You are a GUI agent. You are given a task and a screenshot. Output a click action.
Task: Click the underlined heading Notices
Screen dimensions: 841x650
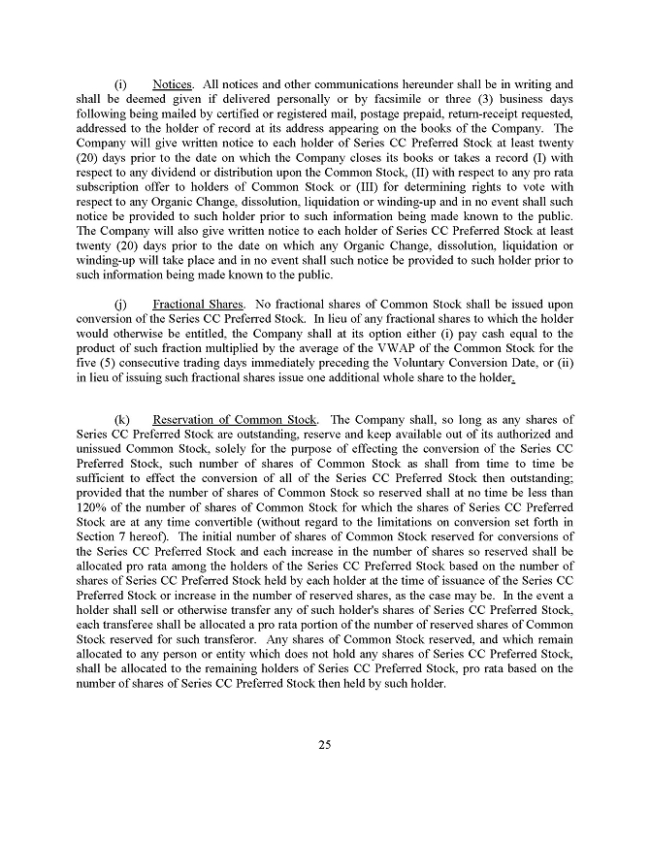click(172, 84)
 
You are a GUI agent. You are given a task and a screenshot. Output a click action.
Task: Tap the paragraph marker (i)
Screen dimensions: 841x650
click(121, 84)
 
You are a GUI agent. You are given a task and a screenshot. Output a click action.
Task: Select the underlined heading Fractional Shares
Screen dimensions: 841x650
click(198, 304)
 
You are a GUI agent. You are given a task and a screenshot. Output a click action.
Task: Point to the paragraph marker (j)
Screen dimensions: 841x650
click(121, 304)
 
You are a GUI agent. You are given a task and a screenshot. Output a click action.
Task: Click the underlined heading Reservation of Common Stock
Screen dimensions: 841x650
click(235, 420)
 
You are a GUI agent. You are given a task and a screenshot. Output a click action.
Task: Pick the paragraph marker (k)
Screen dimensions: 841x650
click(122, 420)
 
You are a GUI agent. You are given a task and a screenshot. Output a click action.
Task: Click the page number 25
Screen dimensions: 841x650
click(325, 745)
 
